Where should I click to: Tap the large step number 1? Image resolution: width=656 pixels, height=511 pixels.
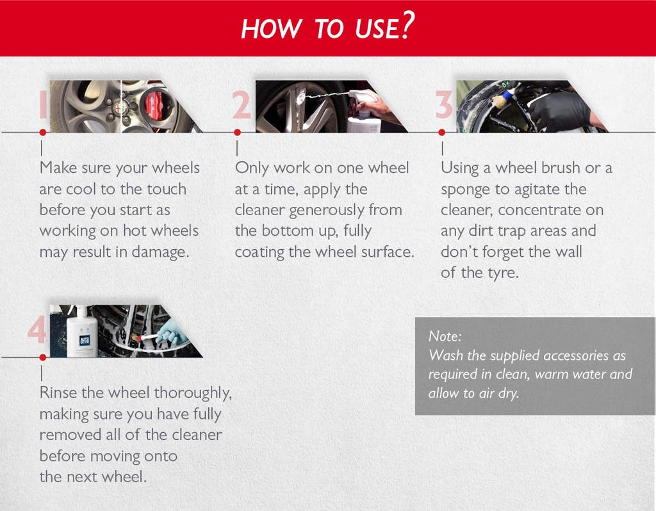42,105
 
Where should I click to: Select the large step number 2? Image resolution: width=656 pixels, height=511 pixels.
242,105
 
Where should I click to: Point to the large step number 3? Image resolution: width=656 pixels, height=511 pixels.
444,105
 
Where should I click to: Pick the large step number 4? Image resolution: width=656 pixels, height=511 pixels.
37,331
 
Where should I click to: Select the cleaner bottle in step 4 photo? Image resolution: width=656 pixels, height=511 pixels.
82,332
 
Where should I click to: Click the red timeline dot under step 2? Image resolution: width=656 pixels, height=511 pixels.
237,133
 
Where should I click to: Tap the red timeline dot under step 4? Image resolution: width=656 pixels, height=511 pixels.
42,357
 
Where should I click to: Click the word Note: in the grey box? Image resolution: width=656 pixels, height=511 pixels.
445,336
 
